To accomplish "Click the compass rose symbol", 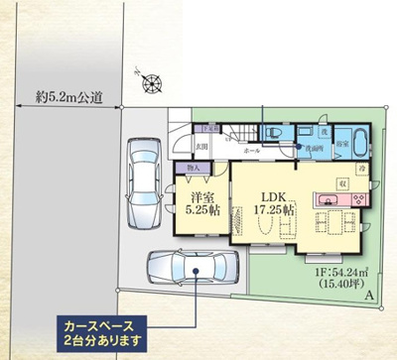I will click(150, 84).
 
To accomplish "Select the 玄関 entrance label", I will click(201, 147).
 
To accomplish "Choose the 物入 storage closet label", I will click(194, 170).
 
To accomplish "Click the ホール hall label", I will click(252, 151).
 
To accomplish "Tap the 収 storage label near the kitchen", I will click(341, 183).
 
